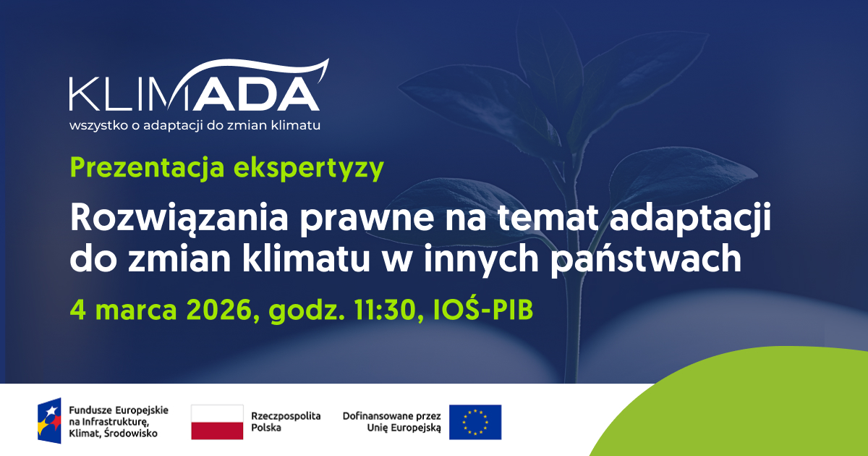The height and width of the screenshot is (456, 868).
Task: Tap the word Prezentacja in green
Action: pyautogui.click(x=148, y=167)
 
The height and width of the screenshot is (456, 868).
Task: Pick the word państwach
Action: pyautogui.click(x=646, y=260)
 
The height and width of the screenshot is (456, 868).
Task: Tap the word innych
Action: pyautogui.click(x=481, y=260)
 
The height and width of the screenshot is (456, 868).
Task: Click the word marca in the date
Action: pyautogui.click(x=136, y=311)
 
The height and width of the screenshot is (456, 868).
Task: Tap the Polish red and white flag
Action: pyautogui.click(x=217, y=422)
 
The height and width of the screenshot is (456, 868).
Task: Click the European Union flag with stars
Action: pyautogui.click(x=475, y=422)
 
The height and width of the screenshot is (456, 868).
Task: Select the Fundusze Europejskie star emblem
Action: pyautogui.click(x=49, y=421)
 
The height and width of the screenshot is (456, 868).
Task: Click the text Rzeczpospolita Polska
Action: pyautogui.click(x=286, y=422)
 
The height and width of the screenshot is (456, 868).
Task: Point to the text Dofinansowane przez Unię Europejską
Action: pyautogui.click(x=392, y=422)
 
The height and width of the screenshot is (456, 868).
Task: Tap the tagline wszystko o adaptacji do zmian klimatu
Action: pyautogui.click(x=195, y=126)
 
